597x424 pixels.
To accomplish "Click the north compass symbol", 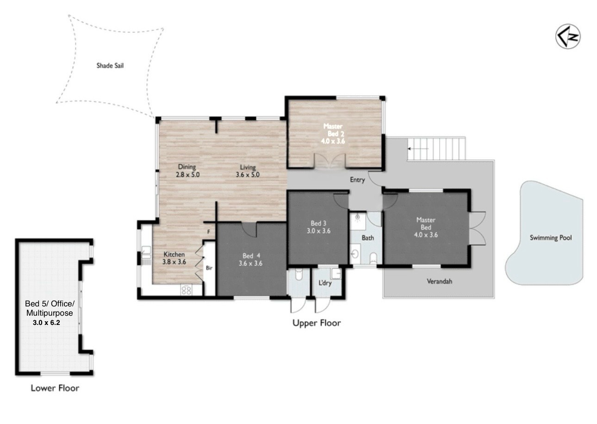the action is click(568, 37).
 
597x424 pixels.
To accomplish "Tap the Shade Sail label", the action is click(110, 66).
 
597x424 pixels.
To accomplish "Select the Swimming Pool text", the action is click(551, 238).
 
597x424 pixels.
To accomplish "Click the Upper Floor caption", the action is click(317, 323).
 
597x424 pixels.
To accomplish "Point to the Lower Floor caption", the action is click(55, 388).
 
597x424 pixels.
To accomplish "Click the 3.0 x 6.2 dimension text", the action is click(46, 323).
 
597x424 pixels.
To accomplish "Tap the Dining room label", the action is click(187, 167).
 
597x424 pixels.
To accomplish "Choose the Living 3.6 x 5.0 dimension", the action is click(248, 175).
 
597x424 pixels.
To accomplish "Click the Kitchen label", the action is click(174, 254).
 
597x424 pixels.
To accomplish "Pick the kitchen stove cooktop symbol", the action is click(187, 290).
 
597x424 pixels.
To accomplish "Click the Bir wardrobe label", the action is click(209, 268).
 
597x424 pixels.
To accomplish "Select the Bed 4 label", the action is click(251, 256).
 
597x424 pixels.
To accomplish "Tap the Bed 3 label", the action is click(318, 223).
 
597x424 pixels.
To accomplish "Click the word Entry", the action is click(357, 180).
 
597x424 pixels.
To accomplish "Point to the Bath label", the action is click(368, 238).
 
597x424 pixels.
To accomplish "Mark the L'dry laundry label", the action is click(325, 283).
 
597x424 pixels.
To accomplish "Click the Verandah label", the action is click(440, 281).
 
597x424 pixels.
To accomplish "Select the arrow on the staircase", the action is click(417, 149).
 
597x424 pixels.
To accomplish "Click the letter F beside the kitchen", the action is click(209, 232).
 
